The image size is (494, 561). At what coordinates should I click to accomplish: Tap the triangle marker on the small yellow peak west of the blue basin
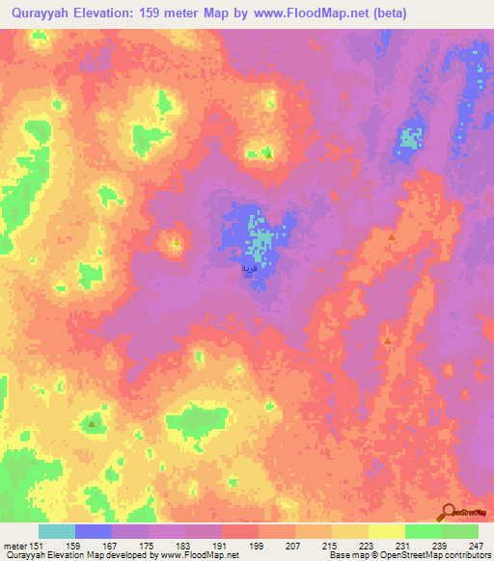(x=177, y=243)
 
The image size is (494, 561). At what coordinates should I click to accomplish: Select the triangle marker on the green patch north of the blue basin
(x=268, y=153)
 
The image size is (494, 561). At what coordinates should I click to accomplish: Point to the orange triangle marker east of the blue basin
(x=392, y=237)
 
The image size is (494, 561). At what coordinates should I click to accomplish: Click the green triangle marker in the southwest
(x=92, y=423)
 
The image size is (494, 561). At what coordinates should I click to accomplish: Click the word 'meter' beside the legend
(x=16, y=546)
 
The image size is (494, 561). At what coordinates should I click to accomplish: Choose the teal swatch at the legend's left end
(x=57, y=531)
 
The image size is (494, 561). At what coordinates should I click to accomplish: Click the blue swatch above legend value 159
(x=94, y=531)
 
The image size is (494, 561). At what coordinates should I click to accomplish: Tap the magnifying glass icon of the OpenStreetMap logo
(x=449, y=512)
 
